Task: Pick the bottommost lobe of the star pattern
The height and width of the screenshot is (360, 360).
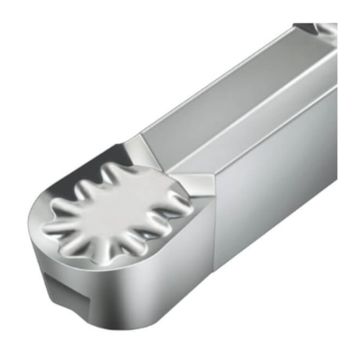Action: (117, 243)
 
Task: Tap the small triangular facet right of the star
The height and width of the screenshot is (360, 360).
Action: (200, 185)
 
